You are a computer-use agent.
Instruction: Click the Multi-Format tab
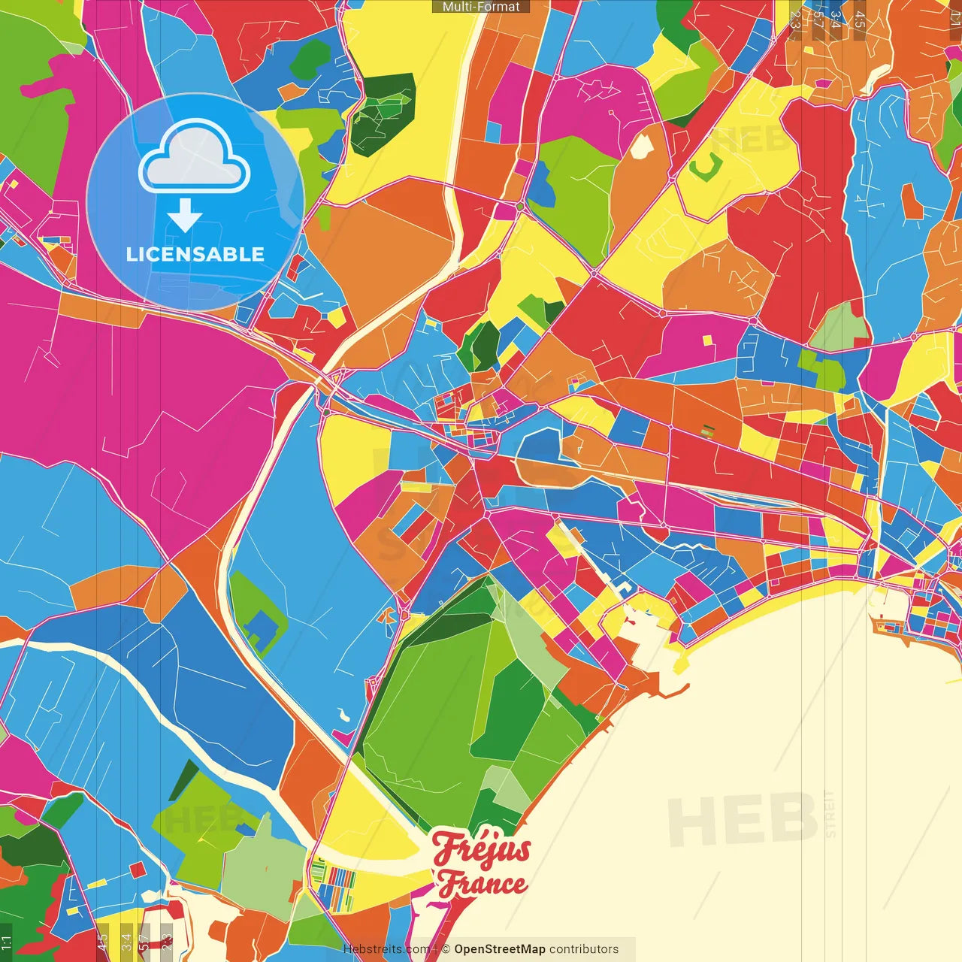[x=481, y=7]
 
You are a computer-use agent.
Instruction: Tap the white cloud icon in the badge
[x=195, y=159]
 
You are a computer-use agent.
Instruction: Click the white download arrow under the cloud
[x=185, y=216]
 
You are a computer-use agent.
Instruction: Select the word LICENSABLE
[x=195, y=254]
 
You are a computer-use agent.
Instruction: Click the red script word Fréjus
[x=482, y=850]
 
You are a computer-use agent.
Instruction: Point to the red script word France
[x=483, y=884]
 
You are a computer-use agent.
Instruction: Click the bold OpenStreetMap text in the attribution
[x=499, y=949]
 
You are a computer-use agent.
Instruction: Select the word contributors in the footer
[x=584, y=949]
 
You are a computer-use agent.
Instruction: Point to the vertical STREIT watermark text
[x=830, y=813]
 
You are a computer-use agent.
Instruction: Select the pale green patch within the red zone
[x=840, y=325]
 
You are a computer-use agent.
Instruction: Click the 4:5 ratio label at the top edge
[x=860, y=19]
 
